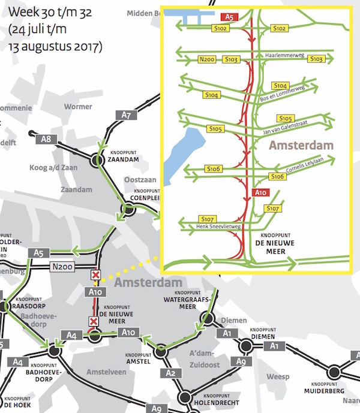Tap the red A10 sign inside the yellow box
[260, 193]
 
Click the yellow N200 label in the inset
[206, 59]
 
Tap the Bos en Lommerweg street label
[283, 93]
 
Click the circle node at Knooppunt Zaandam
[97, 161]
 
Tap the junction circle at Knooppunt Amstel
[160, 352]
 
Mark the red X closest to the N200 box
[95, 275]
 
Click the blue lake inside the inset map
[179, 150]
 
